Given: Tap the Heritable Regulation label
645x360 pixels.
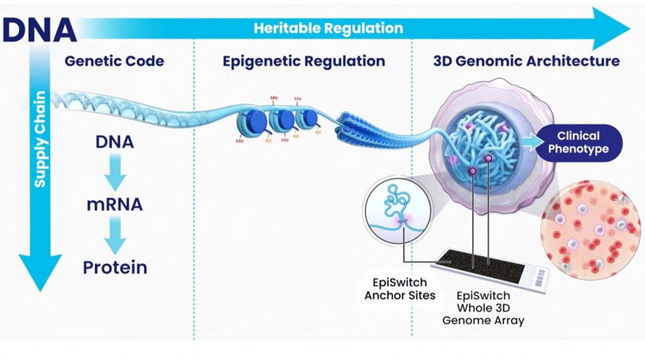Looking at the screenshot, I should [328, 28].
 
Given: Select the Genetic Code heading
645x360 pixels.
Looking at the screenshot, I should [114, 62].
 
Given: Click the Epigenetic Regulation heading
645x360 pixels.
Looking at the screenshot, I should [303, 62].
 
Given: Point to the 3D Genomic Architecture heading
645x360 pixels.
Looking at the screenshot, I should [526, 62].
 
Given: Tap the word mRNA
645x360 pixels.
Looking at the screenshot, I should [115, 205].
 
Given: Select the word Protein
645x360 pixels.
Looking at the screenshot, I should [115, 267].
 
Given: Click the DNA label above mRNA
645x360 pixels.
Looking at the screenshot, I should [115, 141].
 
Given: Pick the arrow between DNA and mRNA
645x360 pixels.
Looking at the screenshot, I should [115, 173].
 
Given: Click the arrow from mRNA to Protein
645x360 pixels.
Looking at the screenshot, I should [115, 236].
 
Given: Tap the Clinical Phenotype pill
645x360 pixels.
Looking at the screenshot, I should [578, 142].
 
